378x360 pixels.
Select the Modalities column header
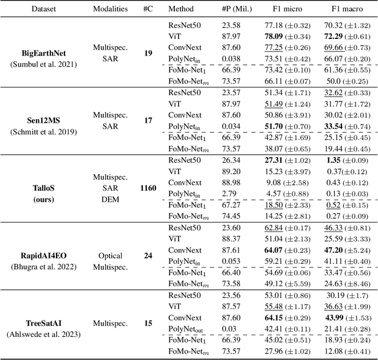tap(110, 9)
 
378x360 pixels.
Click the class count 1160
tap(148, 188)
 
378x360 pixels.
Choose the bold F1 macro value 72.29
tap(335, 37)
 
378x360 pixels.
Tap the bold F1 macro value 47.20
tap(335, 250)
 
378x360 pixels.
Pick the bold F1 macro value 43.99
tap(335, 318)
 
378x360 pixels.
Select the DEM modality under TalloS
tap(109, 199)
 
